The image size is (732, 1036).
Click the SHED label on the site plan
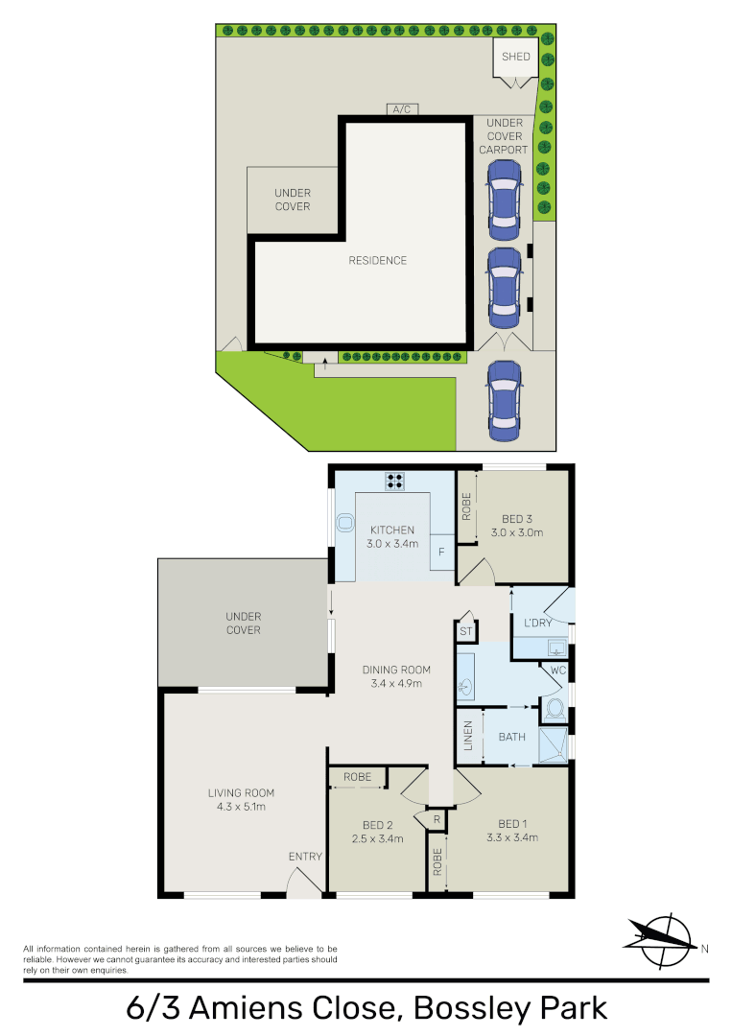coord(515,57)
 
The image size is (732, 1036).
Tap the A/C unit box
coord(401,109)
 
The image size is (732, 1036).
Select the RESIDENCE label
coord(377,260)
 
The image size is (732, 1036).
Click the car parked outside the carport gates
coord(503,398)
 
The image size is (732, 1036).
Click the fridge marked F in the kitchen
coord(441,553)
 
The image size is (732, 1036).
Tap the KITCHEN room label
coord(391,530)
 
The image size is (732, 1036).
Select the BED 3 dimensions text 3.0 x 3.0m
coord(517,532)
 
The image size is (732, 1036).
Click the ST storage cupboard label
coord(465,631)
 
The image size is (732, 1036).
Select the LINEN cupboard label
coord(467,735)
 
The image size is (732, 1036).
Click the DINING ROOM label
coord(396,670)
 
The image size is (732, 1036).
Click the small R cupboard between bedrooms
coord(437,820)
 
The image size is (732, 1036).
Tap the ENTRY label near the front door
coord(305,857)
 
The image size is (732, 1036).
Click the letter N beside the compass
coord(704,950)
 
